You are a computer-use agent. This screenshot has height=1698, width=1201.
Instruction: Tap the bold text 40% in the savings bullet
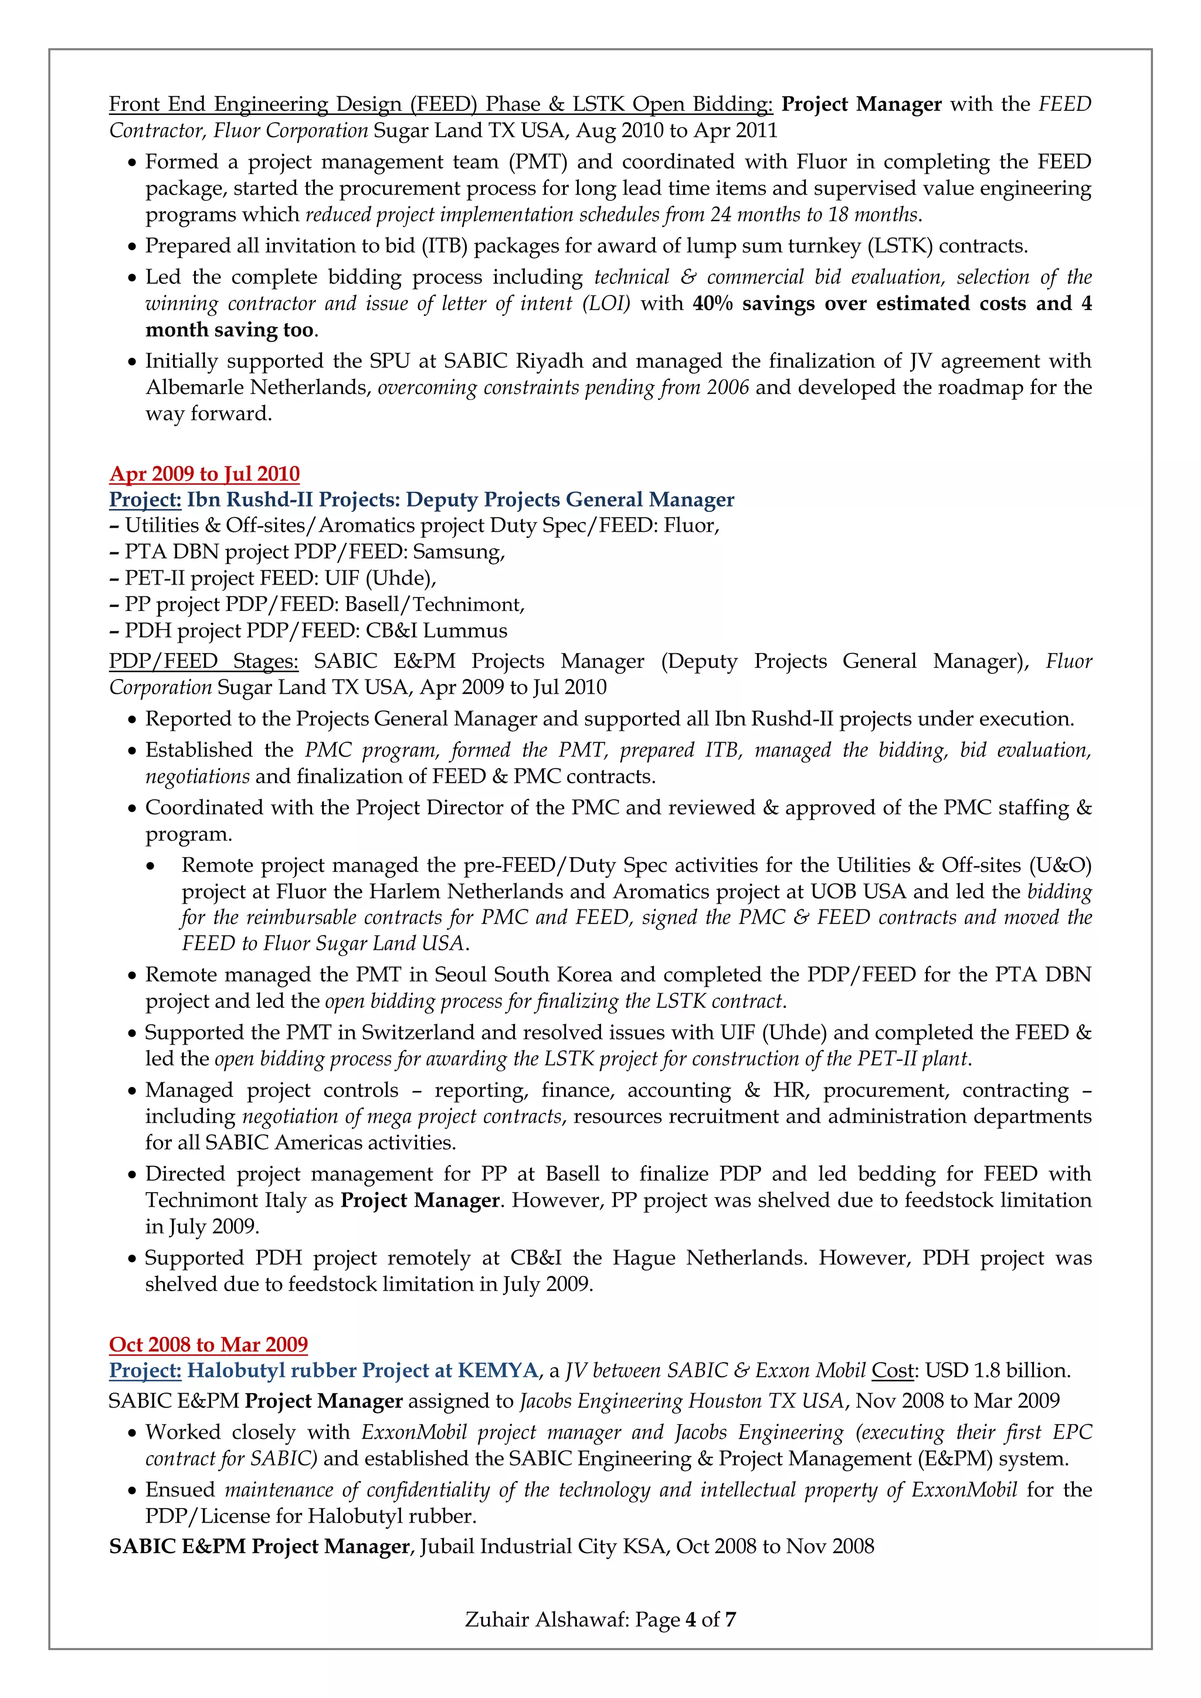point(712,303)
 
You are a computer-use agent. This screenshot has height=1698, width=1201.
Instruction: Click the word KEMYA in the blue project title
point(498,1370)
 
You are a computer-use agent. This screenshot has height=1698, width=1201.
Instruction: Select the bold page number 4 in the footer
point(691,1619)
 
